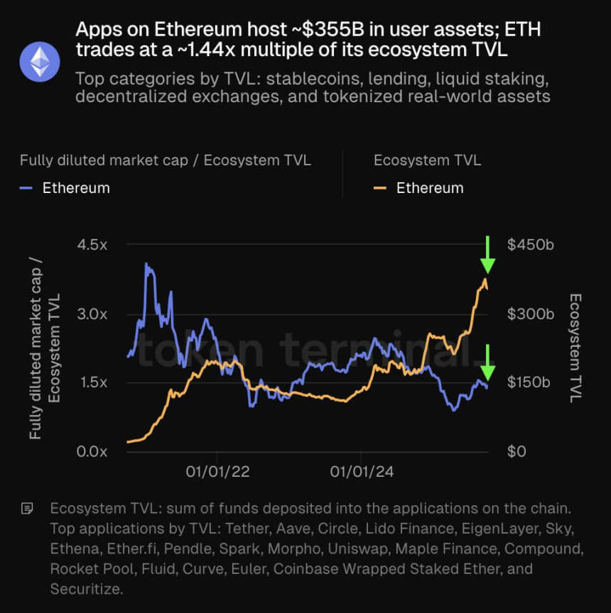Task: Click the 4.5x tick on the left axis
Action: point(92,245)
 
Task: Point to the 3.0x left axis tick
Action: point(92,314)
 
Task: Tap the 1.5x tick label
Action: point(92,382)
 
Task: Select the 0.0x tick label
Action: point(92,451)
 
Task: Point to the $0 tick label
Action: point(517,451)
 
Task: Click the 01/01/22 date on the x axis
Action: point(217,472)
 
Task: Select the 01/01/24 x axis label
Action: point(361,472)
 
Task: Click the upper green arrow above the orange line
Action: point(487,255)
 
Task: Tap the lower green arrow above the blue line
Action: point(487,363)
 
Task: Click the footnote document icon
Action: point(28,508)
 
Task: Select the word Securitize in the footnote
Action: point(85,589)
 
